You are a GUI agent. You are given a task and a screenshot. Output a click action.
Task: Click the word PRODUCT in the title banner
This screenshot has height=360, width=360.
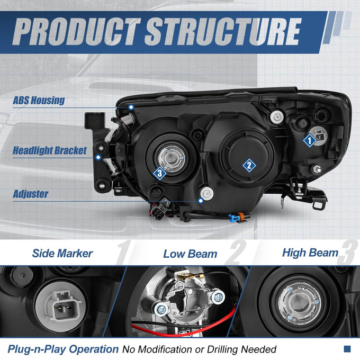tap(76, 31)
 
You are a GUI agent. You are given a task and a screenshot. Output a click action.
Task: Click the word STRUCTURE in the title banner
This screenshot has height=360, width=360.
tap(223, 31)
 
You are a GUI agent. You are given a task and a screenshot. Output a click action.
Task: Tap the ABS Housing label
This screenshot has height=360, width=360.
tap(39, 101)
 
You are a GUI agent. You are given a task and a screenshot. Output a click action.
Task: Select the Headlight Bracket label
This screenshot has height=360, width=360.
tap(50, 150)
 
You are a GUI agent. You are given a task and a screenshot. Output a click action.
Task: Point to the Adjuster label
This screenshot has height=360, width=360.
tap(31, 194)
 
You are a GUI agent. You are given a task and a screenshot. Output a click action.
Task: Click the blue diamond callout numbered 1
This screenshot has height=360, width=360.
tap(310, 140)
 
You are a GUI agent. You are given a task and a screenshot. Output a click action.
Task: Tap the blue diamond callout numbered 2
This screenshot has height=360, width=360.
tap(249, 165)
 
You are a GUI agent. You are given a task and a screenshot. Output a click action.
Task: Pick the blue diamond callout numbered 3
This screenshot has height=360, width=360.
tap(160, 173)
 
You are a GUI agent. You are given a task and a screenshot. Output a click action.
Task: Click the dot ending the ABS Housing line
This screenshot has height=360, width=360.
tap(131, 107)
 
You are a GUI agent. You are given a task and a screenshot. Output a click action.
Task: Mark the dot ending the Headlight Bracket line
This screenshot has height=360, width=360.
tap(98, 157)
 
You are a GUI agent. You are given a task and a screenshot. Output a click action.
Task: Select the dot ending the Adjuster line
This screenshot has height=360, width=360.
tap(201, 201)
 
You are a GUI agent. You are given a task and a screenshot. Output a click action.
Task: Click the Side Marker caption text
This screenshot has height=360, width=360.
tap(62, 254)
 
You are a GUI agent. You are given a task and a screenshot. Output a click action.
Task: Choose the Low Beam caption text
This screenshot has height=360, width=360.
tap(190, 254)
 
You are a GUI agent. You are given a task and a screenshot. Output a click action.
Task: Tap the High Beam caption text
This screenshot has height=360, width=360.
tap(310, 253)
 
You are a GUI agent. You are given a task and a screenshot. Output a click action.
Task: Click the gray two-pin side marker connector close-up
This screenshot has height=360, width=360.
tap(63, 306)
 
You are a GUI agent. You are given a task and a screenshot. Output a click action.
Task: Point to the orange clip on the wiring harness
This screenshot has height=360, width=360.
tap(241, 217)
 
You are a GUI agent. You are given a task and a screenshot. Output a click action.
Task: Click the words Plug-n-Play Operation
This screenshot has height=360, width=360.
tap(63, 349)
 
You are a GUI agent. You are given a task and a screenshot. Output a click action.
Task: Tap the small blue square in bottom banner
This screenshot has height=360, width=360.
tap(347, 349)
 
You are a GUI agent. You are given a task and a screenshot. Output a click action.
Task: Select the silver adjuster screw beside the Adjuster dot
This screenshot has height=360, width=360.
tap(207, 194)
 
